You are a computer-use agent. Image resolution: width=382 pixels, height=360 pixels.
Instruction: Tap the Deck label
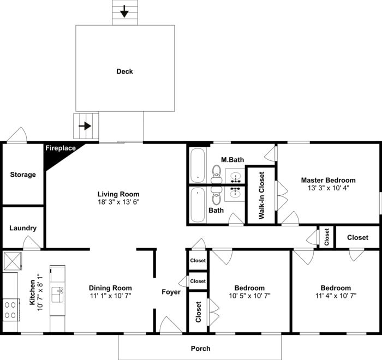click(x=124, y=71)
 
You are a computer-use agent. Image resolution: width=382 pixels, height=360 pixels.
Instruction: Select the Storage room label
click(x=23, y=175)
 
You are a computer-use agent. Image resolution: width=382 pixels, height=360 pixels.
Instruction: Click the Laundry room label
click(x=23, y=228)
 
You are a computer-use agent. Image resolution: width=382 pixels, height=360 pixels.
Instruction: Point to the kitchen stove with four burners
click(x=11, y=310)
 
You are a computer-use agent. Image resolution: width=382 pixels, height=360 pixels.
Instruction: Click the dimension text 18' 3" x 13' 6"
click(x=118, y=202)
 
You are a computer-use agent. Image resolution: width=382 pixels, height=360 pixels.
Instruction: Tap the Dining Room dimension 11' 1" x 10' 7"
click(x=110, y=296)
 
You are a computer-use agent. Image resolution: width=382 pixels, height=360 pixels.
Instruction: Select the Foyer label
click(x=171, y=292)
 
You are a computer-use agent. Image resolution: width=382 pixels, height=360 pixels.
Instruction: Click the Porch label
click(x=200, y=349)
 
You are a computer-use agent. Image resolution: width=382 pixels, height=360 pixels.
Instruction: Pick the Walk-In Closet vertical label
click(x=261, y=196)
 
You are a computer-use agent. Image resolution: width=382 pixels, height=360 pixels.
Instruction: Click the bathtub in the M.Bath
click(x=198, y=165)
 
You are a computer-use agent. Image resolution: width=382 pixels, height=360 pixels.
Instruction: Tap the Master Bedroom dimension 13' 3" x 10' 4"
click(x=328, y=188)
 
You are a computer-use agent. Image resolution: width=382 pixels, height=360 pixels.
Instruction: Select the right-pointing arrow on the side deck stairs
click(x=85, y=126)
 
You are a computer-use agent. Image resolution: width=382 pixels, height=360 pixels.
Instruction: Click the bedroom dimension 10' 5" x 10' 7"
click(x=249, y=296)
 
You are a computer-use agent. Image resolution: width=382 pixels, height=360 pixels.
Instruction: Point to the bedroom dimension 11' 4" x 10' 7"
click(x=336, y=296)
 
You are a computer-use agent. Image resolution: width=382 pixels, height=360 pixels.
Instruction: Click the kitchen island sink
click(x=57, y=295)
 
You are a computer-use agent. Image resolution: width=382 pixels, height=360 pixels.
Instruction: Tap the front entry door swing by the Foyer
click(x=171, y=325)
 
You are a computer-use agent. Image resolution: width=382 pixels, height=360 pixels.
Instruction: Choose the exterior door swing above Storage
click(x=16, y=135)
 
